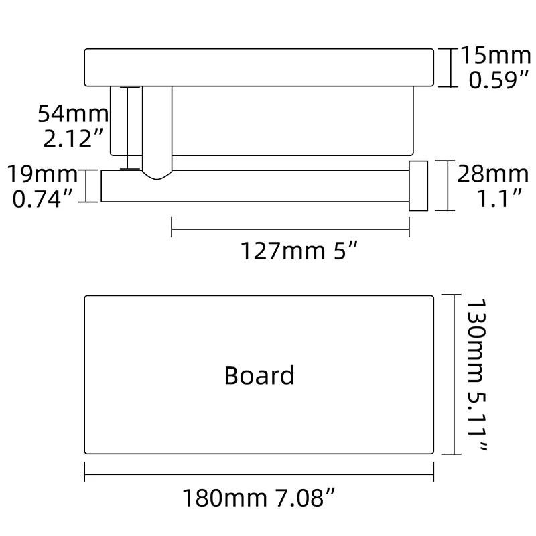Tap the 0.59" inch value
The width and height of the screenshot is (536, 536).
coord(492,81)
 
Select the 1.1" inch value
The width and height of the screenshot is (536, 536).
coord(492,199)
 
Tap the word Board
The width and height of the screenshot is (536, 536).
coord(259,375)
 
